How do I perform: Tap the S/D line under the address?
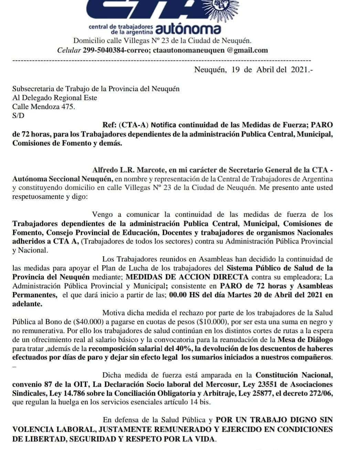click(x=18, y=116)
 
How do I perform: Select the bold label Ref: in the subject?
click(x=110, y=125)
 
